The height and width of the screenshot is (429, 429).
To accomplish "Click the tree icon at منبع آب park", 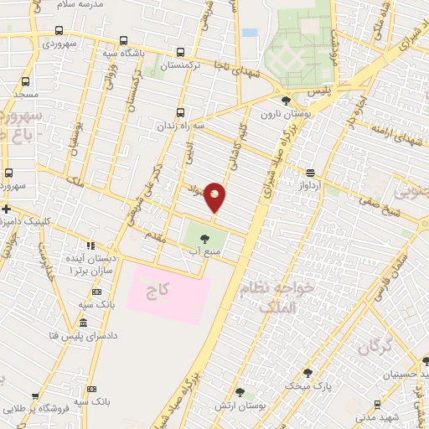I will (205, 239).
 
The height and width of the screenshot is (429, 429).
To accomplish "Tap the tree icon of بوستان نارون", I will (286, 101).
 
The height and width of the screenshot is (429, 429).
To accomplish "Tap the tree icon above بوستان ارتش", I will (240, 392).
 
